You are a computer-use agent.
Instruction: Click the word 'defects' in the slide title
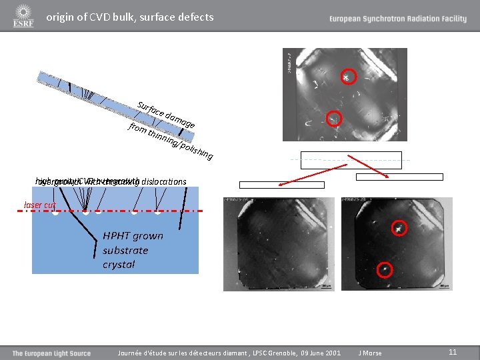(x=194, y=17)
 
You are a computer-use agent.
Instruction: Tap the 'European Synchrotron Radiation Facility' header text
(x=397, y=19)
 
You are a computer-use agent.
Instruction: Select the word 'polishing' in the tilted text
(x=197, y=150)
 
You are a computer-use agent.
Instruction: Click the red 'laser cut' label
(x=39, y=205)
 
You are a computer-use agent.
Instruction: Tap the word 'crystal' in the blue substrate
(x=119, y=265)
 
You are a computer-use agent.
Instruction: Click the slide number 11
(x=453, y=353)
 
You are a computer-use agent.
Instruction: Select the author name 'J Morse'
(x=370, y=353)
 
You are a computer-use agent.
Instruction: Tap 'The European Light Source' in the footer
(x=51, y=353)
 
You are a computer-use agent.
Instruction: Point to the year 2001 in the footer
(x=331, y=353)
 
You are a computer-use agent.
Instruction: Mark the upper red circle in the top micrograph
(x=346, y=77)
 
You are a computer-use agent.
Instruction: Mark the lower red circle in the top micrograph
(x=333, y=119)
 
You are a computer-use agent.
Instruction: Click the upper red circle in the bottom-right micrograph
(x=399, y=228)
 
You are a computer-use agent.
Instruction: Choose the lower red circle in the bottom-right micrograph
(x=385, y=269)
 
